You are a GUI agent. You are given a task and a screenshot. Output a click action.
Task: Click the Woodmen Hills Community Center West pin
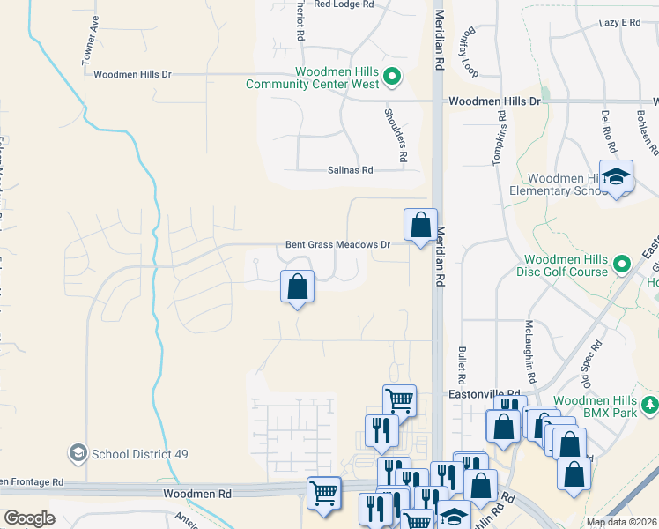(394, 78)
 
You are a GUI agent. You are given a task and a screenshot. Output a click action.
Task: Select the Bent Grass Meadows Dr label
(337, 244)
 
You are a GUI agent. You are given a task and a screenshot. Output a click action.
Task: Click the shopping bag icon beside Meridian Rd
(421, 224)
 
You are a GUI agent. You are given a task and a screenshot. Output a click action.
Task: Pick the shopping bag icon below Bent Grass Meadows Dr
(298, 286)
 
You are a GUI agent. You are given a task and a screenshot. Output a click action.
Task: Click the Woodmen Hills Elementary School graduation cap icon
(617, 175)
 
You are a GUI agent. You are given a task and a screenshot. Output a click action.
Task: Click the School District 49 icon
(78, 453)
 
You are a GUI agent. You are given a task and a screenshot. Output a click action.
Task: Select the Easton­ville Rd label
(482, 394)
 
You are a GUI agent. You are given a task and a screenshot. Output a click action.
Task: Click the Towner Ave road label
(90, 42)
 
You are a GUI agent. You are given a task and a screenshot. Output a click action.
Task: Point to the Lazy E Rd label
(619, 23)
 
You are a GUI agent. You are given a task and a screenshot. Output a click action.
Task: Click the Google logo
(30, 518)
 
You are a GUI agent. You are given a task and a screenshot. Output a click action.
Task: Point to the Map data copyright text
(621, 522)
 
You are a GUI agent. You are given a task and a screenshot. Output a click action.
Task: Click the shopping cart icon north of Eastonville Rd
(399, 400)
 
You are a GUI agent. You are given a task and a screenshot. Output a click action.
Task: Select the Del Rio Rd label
(606, 127)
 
